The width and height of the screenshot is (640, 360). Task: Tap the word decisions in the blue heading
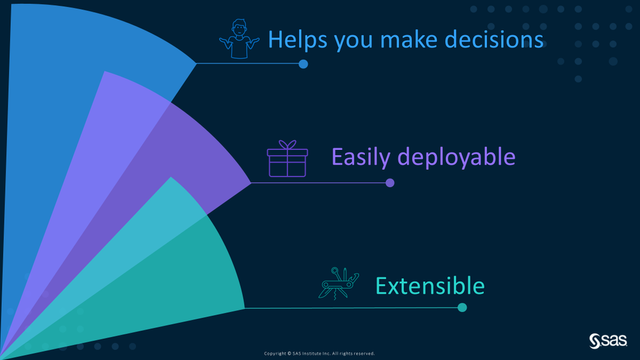(494, 40)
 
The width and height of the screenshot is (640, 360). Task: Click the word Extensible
(430, 286)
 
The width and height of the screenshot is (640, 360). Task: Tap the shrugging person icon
(239, 39)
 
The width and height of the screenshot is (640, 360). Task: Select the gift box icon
(288, 159)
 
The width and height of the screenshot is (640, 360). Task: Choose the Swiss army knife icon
(338, 284)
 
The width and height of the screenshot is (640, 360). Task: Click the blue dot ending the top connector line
(303, 64)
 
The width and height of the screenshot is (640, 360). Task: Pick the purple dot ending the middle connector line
(390, 183)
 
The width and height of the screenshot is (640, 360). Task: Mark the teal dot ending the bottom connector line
(462, 307)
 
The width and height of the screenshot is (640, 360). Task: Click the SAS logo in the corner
(608, 341)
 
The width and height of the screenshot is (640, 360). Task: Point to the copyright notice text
(319, 354)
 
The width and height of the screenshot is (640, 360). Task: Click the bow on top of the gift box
(288, 145)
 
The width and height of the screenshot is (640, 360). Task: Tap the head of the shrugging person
(239, 28)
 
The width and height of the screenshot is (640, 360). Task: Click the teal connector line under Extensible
(351, 307)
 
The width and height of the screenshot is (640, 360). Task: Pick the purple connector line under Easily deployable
(318, 183)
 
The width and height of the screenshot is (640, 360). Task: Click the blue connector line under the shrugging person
(247, 63)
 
